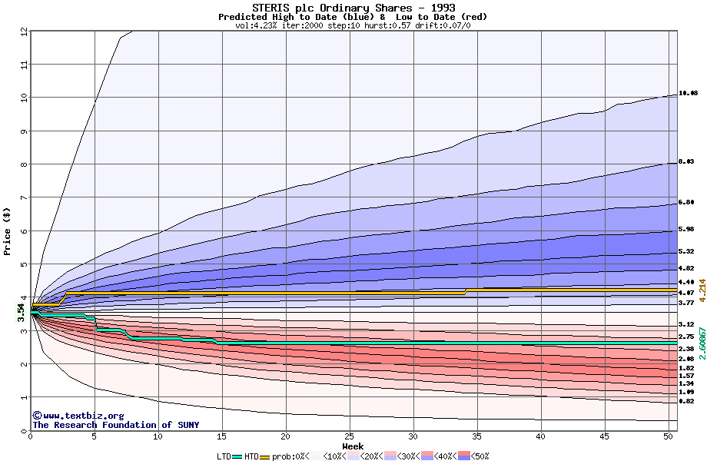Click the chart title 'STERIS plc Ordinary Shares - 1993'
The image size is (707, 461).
coord(353,8)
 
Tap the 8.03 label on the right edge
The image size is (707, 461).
coord(686,161)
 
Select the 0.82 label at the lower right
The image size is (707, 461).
coord(686,402)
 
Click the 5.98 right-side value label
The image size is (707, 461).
coord(686,230)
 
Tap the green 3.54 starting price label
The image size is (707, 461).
coord(22,312)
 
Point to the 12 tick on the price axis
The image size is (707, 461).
coord(24,32)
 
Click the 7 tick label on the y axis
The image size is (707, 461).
coord(24,197)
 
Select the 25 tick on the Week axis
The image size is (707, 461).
coord(349,436)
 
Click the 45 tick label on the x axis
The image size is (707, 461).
coord(604,436)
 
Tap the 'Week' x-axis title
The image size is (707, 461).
coord(353,446)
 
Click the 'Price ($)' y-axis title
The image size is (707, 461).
coord(7,230)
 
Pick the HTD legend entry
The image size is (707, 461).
coord(251,456)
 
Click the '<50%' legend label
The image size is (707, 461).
coord(480,456)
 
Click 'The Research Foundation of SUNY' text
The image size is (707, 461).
coord(115,425)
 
